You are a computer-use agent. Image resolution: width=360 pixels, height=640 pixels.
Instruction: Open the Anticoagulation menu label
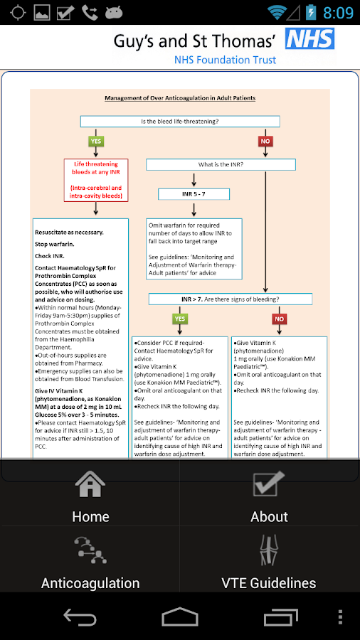point(90,583)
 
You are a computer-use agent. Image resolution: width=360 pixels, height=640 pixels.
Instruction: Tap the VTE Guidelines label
point(269,583)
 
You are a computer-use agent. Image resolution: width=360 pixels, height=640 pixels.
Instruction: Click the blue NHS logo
point(309,39)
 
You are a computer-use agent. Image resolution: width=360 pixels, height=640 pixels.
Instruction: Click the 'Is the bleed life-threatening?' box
point(180,121)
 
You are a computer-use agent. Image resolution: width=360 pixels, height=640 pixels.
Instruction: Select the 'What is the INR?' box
point(221,164)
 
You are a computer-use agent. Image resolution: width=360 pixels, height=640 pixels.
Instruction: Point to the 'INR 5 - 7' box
point(194,193)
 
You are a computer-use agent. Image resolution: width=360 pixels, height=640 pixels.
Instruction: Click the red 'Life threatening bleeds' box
point(96,180)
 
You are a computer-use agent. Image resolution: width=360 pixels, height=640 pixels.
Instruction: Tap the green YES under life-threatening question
point(96,142)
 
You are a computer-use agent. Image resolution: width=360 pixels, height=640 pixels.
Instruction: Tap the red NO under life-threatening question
point(265,142)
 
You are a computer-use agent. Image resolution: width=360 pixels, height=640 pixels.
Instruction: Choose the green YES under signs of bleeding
point(180,319)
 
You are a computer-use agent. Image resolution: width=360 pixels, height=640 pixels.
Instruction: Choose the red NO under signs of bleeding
point(279,319)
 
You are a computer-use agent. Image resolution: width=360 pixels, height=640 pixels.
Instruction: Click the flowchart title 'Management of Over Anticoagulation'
point(180,98)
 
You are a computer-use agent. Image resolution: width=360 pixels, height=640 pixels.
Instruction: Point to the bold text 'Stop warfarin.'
point(55,244)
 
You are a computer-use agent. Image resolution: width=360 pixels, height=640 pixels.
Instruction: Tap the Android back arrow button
point(80,617)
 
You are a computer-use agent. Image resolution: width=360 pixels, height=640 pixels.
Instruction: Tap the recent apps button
point(280,617)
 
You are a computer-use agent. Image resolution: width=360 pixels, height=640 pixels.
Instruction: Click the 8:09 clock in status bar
point(338,13)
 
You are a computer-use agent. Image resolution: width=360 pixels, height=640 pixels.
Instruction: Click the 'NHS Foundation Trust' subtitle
point(225,60)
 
